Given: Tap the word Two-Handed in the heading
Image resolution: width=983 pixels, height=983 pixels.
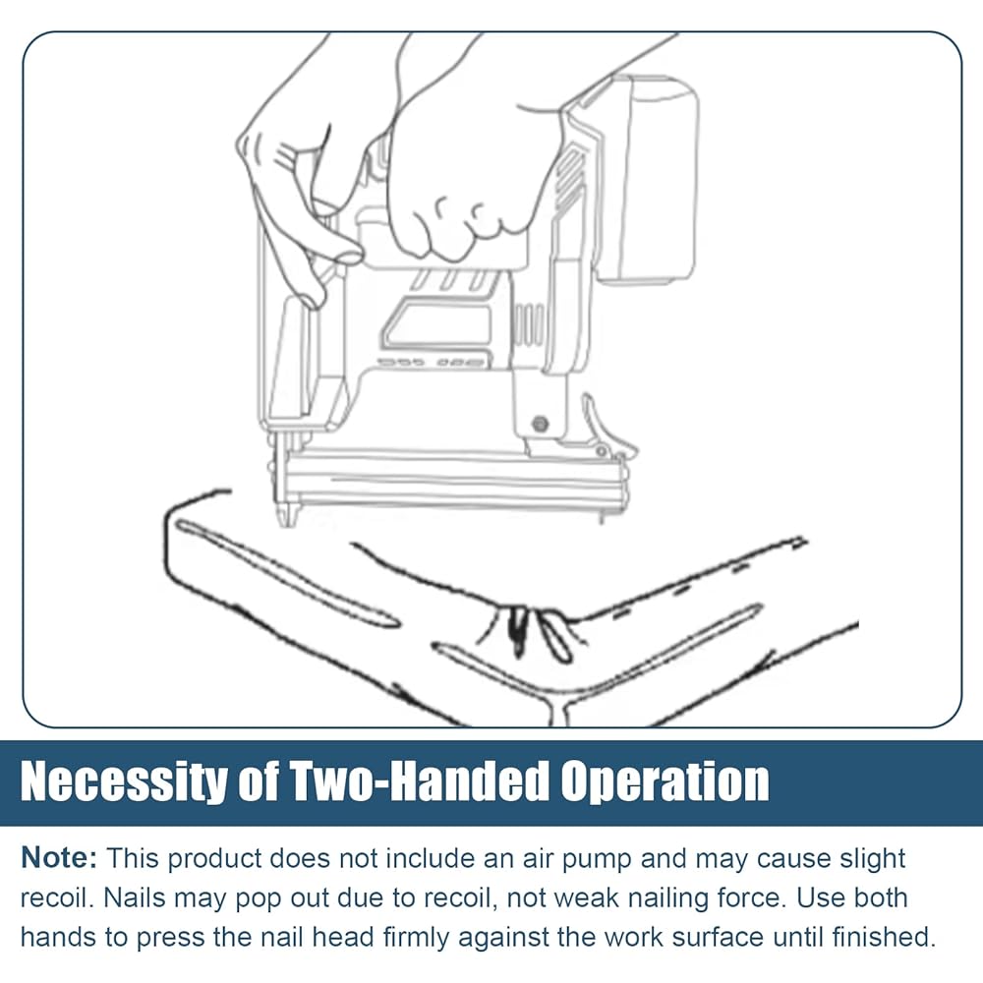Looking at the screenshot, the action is click(417, 781).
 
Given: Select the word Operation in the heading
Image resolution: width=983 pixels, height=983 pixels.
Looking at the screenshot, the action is click(665, 781).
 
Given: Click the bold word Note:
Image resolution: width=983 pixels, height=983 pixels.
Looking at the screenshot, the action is click(59, 858).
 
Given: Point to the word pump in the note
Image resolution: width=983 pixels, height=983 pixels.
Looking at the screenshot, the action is click(597, 859).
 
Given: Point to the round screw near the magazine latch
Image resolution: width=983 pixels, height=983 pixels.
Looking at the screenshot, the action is click(540, 425).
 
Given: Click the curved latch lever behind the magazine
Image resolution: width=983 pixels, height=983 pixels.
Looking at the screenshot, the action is click(605, 427).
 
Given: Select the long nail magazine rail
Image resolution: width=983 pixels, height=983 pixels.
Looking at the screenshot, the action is click(451, 479).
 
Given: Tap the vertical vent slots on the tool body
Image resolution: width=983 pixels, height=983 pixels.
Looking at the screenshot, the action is click(528, 324).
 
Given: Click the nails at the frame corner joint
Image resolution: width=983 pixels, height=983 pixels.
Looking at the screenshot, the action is click(539, 633).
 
